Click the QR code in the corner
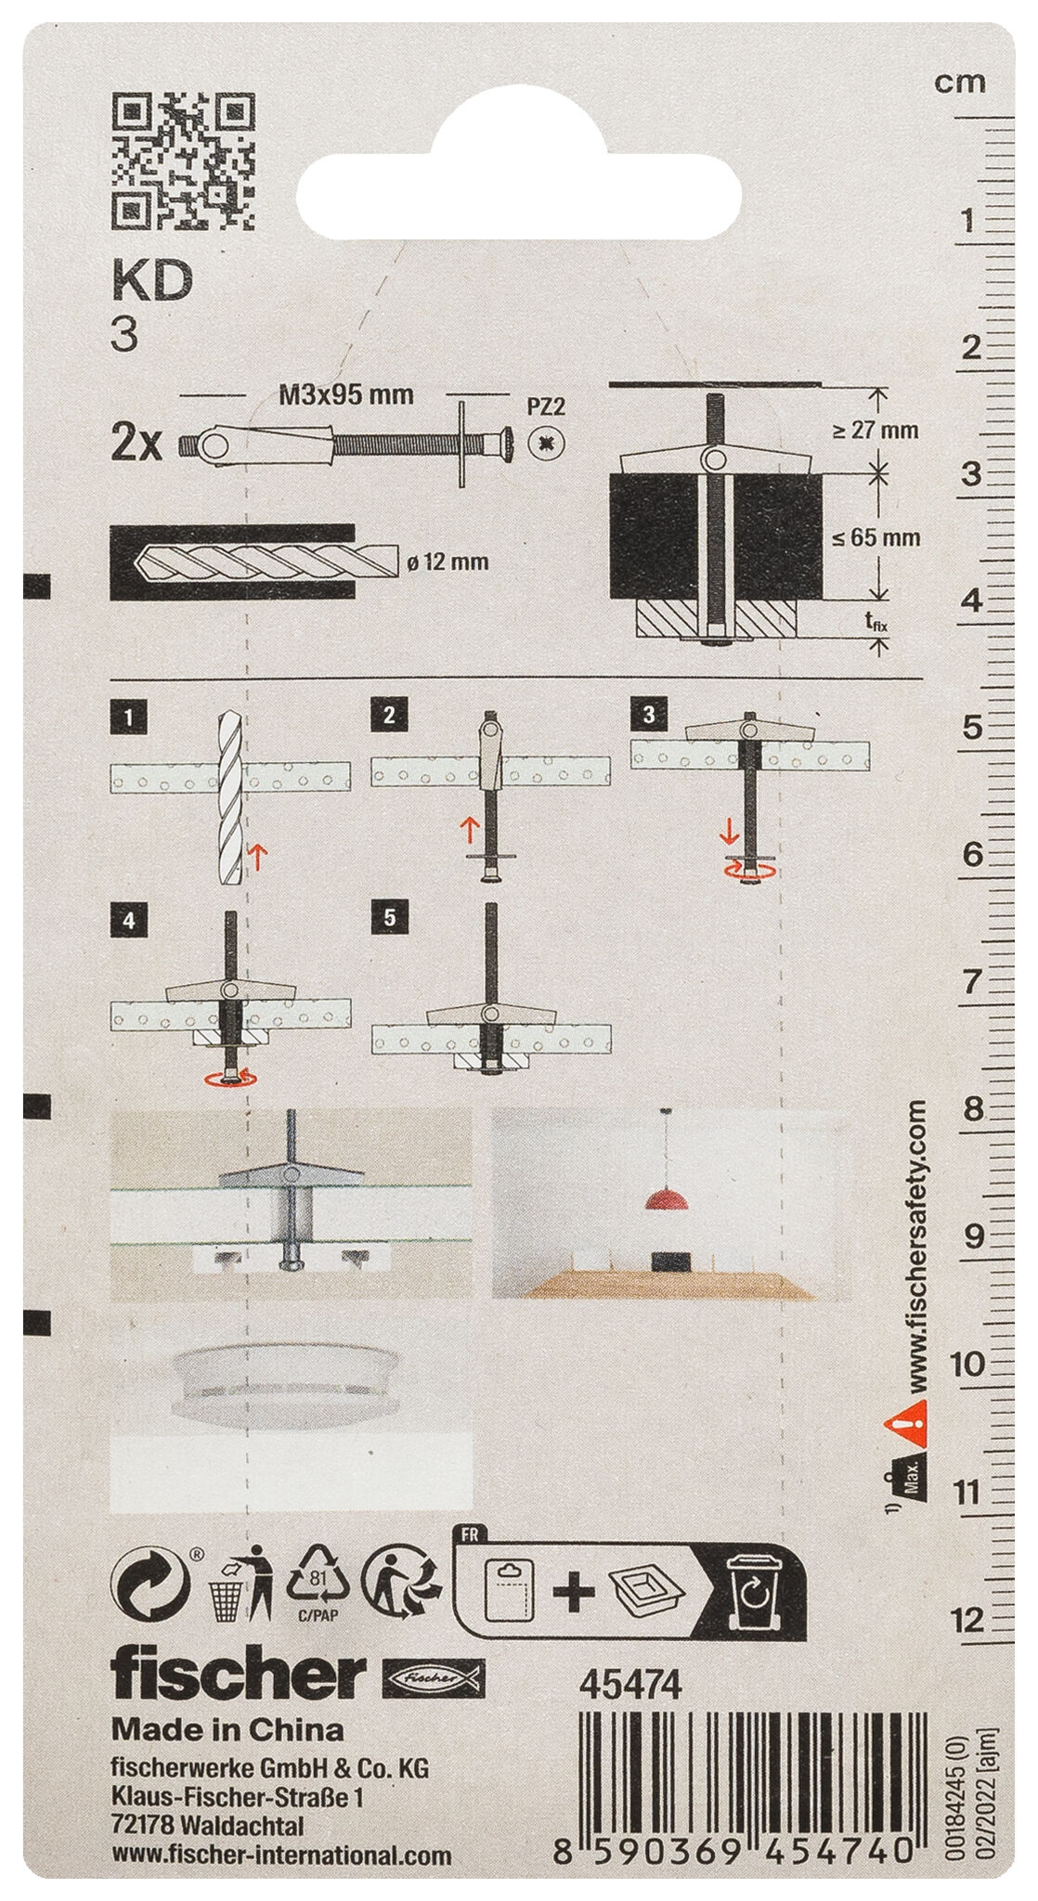pyautogui.click(x=183, y=161)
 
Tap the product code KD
pyautogui.click(x=152, y=279)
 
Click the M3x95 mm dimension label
pyautogui.click(x=346, y=395)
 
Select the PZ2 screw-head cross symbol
pyautogui.click(x=548, y=442)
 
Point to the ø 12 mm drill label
pyautogui.click(x=448, y=562)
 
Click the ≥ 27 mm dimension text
pyautogui.click(x=876, y=430)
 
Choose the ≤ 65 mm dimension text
pyautogui.click(x=876, y=537)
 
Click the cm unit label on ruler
pyautogui.click(x=960, y=84)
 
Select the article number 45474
pyautogui.click(x=630, y=1685)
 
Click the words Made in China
pyautogui.click(x=227, y=1729)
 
